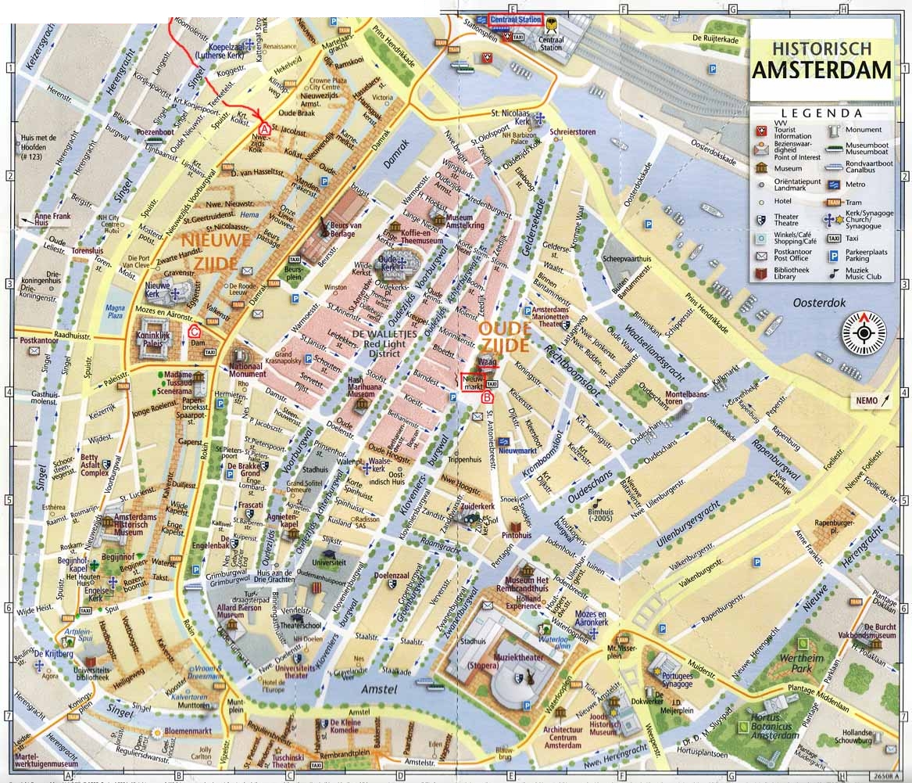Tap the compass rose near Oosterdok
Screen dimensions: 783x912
point(865,332)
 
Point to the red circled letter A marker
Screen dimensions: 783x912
point(265,128)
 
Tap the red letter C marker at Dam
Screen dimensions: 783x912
point(193,331)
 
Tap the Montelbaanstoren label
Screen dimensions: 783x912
point(685,397)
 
